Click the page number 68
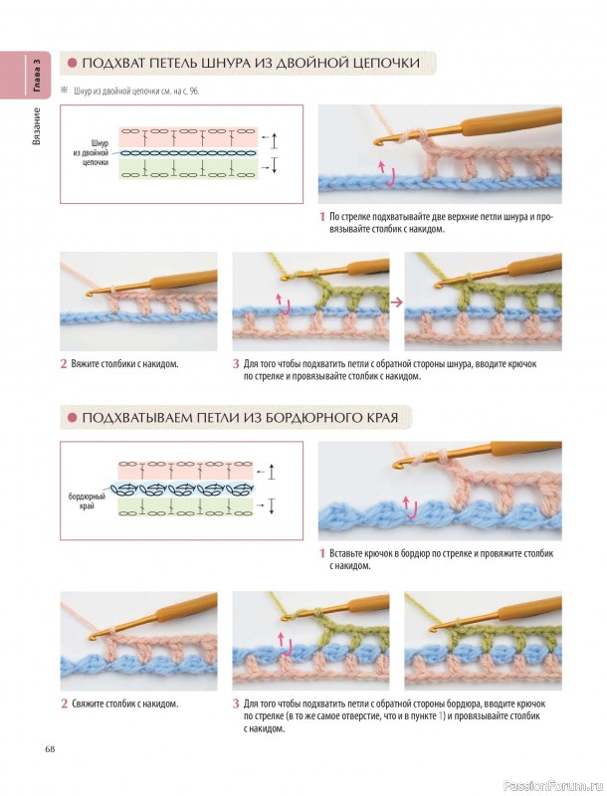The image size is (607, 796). pyautogui.click(x=50, y=749)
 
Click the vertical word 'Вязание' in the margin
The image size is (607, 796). pyautogui.click(x=37, y=126)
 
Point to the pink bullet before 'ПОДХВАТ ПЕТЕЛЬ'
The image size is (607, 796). pyautogui.click(x=73, y=63)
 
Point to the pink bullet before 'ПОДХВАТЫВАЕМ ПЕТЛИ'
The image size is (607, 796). pyautogui.click(x=73, y=417)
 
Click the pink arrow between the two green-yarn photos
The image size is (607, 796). pyautogui.click(x=397, y=301)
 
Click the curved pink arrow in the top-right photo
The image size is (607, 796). pyautogui.click(x=387, y=173)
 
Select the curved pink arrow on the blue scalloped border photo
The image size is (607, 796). pyautogui.click(x=410, y=509)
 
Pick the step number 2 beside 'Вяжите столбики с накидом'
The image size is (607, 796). pyautogui.click(x=64, y=364)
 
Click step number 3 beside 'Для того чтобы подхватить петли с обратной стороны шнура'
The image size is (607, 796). pyautogui.click(x=236, y=364)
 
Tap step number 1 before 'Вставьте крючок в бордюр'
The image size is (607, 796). pyautogui.click(x=321, y=553)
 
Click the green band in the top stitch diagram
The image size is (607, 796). pyautogui.click(x=189, y=169)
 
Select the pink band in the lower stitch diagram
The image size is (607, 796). pyautogui.click(x=186, y=470)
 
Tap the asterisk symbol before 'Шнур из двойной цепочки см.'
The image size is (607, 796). pyautogui.click(x=64, y=91)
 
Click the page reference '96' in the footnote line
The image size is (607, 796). pyautogui.click(x=194, y=92)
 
